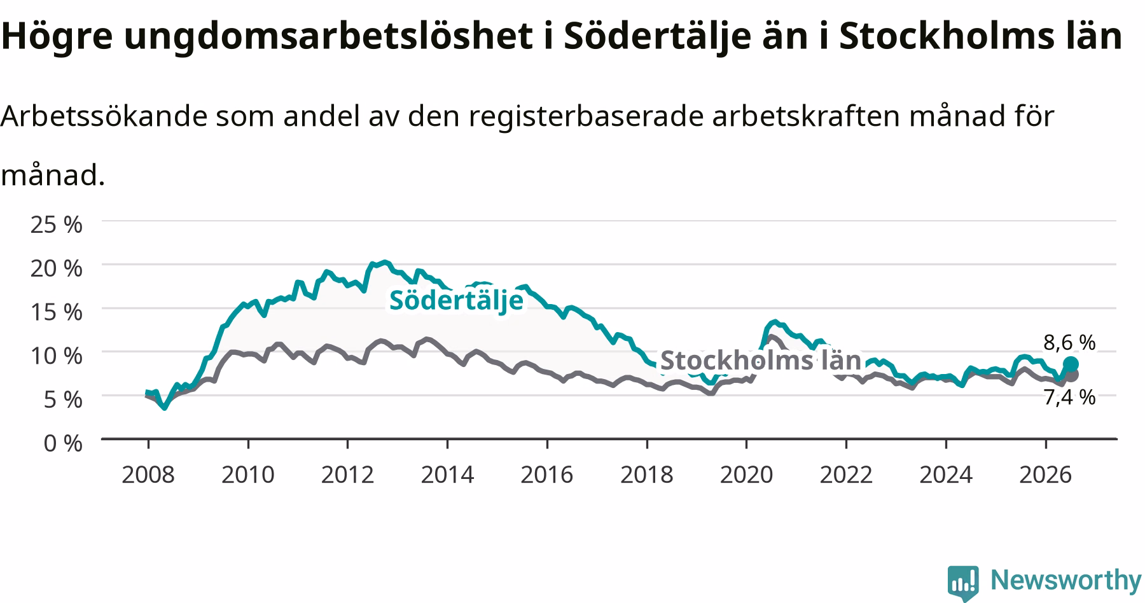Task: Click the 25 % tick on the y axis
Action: (57, 225)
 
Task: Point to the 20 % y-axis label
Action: (57, 268)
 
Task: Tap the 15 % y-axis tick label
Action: (57, 312)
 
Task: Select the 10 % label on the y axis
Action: (57, 356)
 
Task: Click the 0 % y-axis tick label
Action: (63, 443)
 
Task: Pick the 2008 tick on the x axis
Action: (148, 475)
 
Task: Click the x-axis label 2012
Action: (347, 475)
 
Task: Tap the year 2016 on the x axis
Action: (547, 475)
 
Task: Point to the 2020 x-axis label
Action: (746, 475)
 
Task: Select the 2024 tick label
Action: (946, 475)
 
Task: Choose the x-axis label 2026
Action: (1046, 475)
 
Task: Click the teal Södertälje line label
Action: (456, 301)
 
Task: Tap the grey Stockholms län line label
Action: (761, 360)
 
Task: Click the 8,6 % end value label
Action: (1069, 343)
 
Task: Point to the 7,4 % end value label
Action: (1069, 398)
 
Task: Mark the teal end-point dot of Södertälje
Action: (1071, 364)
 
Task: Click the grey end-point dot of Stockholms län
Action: (1071, 375)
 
